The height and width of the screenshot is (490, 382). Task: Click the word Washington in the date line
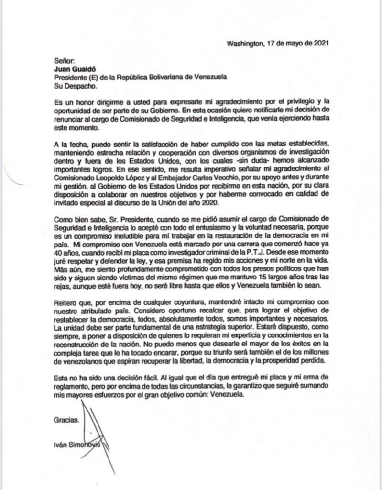tap(244, 43)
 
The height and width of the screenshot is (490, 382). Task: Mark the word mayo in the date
tap(293, 43)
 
